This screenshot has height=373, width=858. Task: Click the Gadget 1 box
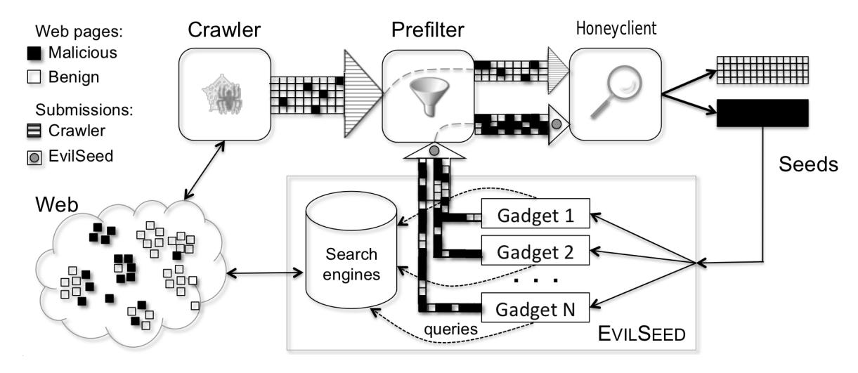[x=536, y=216]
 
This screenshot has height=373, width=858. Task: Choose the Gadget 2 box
[x=536, y=251]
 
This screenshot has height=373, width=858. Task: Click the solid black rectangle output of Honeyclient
[x=762, y=113]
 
